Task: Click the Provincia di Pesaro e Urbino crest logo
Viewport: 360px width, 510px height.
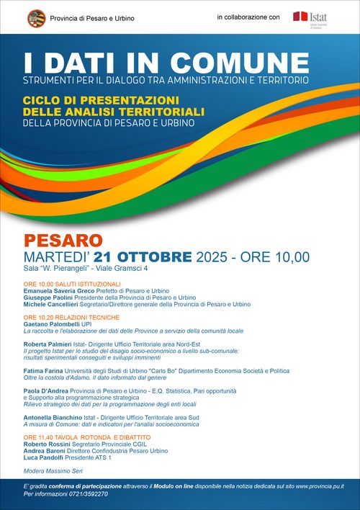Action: pyautogui.click(x=37, y=17)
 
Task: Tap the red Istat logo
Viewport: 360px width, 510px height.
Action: pyautogui.click(x=300, y=16)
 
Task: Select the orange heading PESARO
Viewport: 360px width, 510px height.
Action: pyautogui.click(x=63, y=239)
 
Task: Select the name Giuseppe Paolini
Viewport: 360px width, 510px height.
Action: pyautogui.click(x=49, y=297)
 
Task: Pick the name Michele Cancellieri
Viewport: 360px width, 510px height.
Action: pyautogui.click(x=54, y=305)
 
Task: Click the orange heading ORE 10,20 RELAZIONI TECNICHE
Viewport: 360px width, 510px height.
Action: pyautogui.click(x=71, y=318)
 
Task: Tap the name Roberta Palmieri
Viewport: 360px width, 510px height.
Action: pyautogui.click(x=50, y=345)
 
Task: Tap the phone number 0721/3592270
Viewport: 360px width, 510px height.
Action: pyautogui.click(x=86, y=494)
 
